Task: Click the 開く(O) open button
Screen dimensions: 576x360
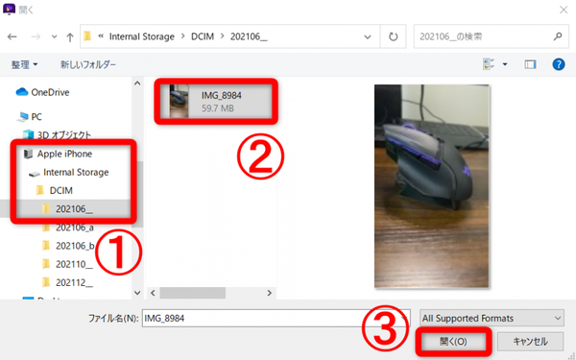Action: pyautogui.click(x=453, y=342)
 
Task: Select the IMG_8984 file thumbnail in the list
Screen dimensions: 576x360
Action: pyautogui.click(x=180, y=102)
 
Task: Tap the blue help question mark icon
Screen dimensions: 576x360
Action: pyautogui.click(x=559, y=64)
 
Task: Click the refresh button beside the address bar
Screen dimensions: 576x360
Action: pyautogui.click(x=393, y=36)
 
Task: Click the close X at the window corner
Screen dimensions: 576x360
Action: pyautogui.click(x=564, y=10)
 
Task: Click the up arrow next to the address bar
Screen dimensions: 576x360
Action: pyautogui.click(x=70, y=36)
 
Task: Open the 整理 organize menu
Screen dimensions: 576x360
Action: pyautogui.click(x=24, y=64)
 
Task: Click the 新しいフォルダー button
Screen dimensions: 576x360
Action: pyautogui.click(x=88, y=64)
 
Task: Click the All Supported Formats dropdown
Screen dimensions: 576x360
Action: pyautogui.click(x=492, y=318)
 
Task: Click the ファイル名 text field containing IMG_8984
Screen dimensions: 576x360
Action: pyautogui.click(x=276, y=318)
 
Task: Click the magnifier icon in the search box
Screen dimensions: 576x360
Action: pyautogui.click(x=558, y=36)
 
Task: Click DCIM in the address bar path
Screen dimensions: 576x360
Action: pyautogui.click(x=203, y=36)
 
